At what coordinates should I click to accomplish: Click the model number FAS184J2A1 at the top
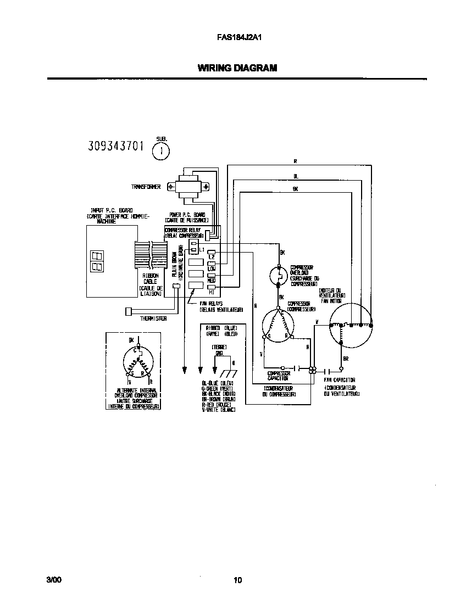(x=233, y=38)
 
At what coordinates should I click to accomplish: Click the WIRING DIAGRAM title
(x=237, y=69)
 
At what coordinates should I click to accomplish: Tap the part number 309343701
(x=116, y=146)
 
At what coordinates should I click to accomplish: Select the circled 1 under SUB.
(x=160, y=150)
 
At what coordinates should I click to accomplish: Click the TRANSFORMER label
(x=146, y=187)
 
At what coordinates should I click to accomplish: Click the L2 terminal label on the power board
(x=211, y=258)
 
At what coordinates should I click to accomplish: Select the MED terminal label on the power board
(x=211, y=280)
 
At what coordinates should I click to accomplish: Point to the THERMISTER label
(x=153, y=318)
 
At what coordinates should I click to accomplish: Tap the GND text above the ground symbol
(x=219, y=354)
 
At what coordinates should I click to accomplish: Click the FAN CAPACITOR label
(x=340, y=380)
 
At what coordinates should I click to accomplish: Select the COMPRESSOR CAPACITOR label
(x=279, y=376)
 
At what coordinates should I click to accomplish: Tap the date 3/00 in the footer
(x=54, y=580)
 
